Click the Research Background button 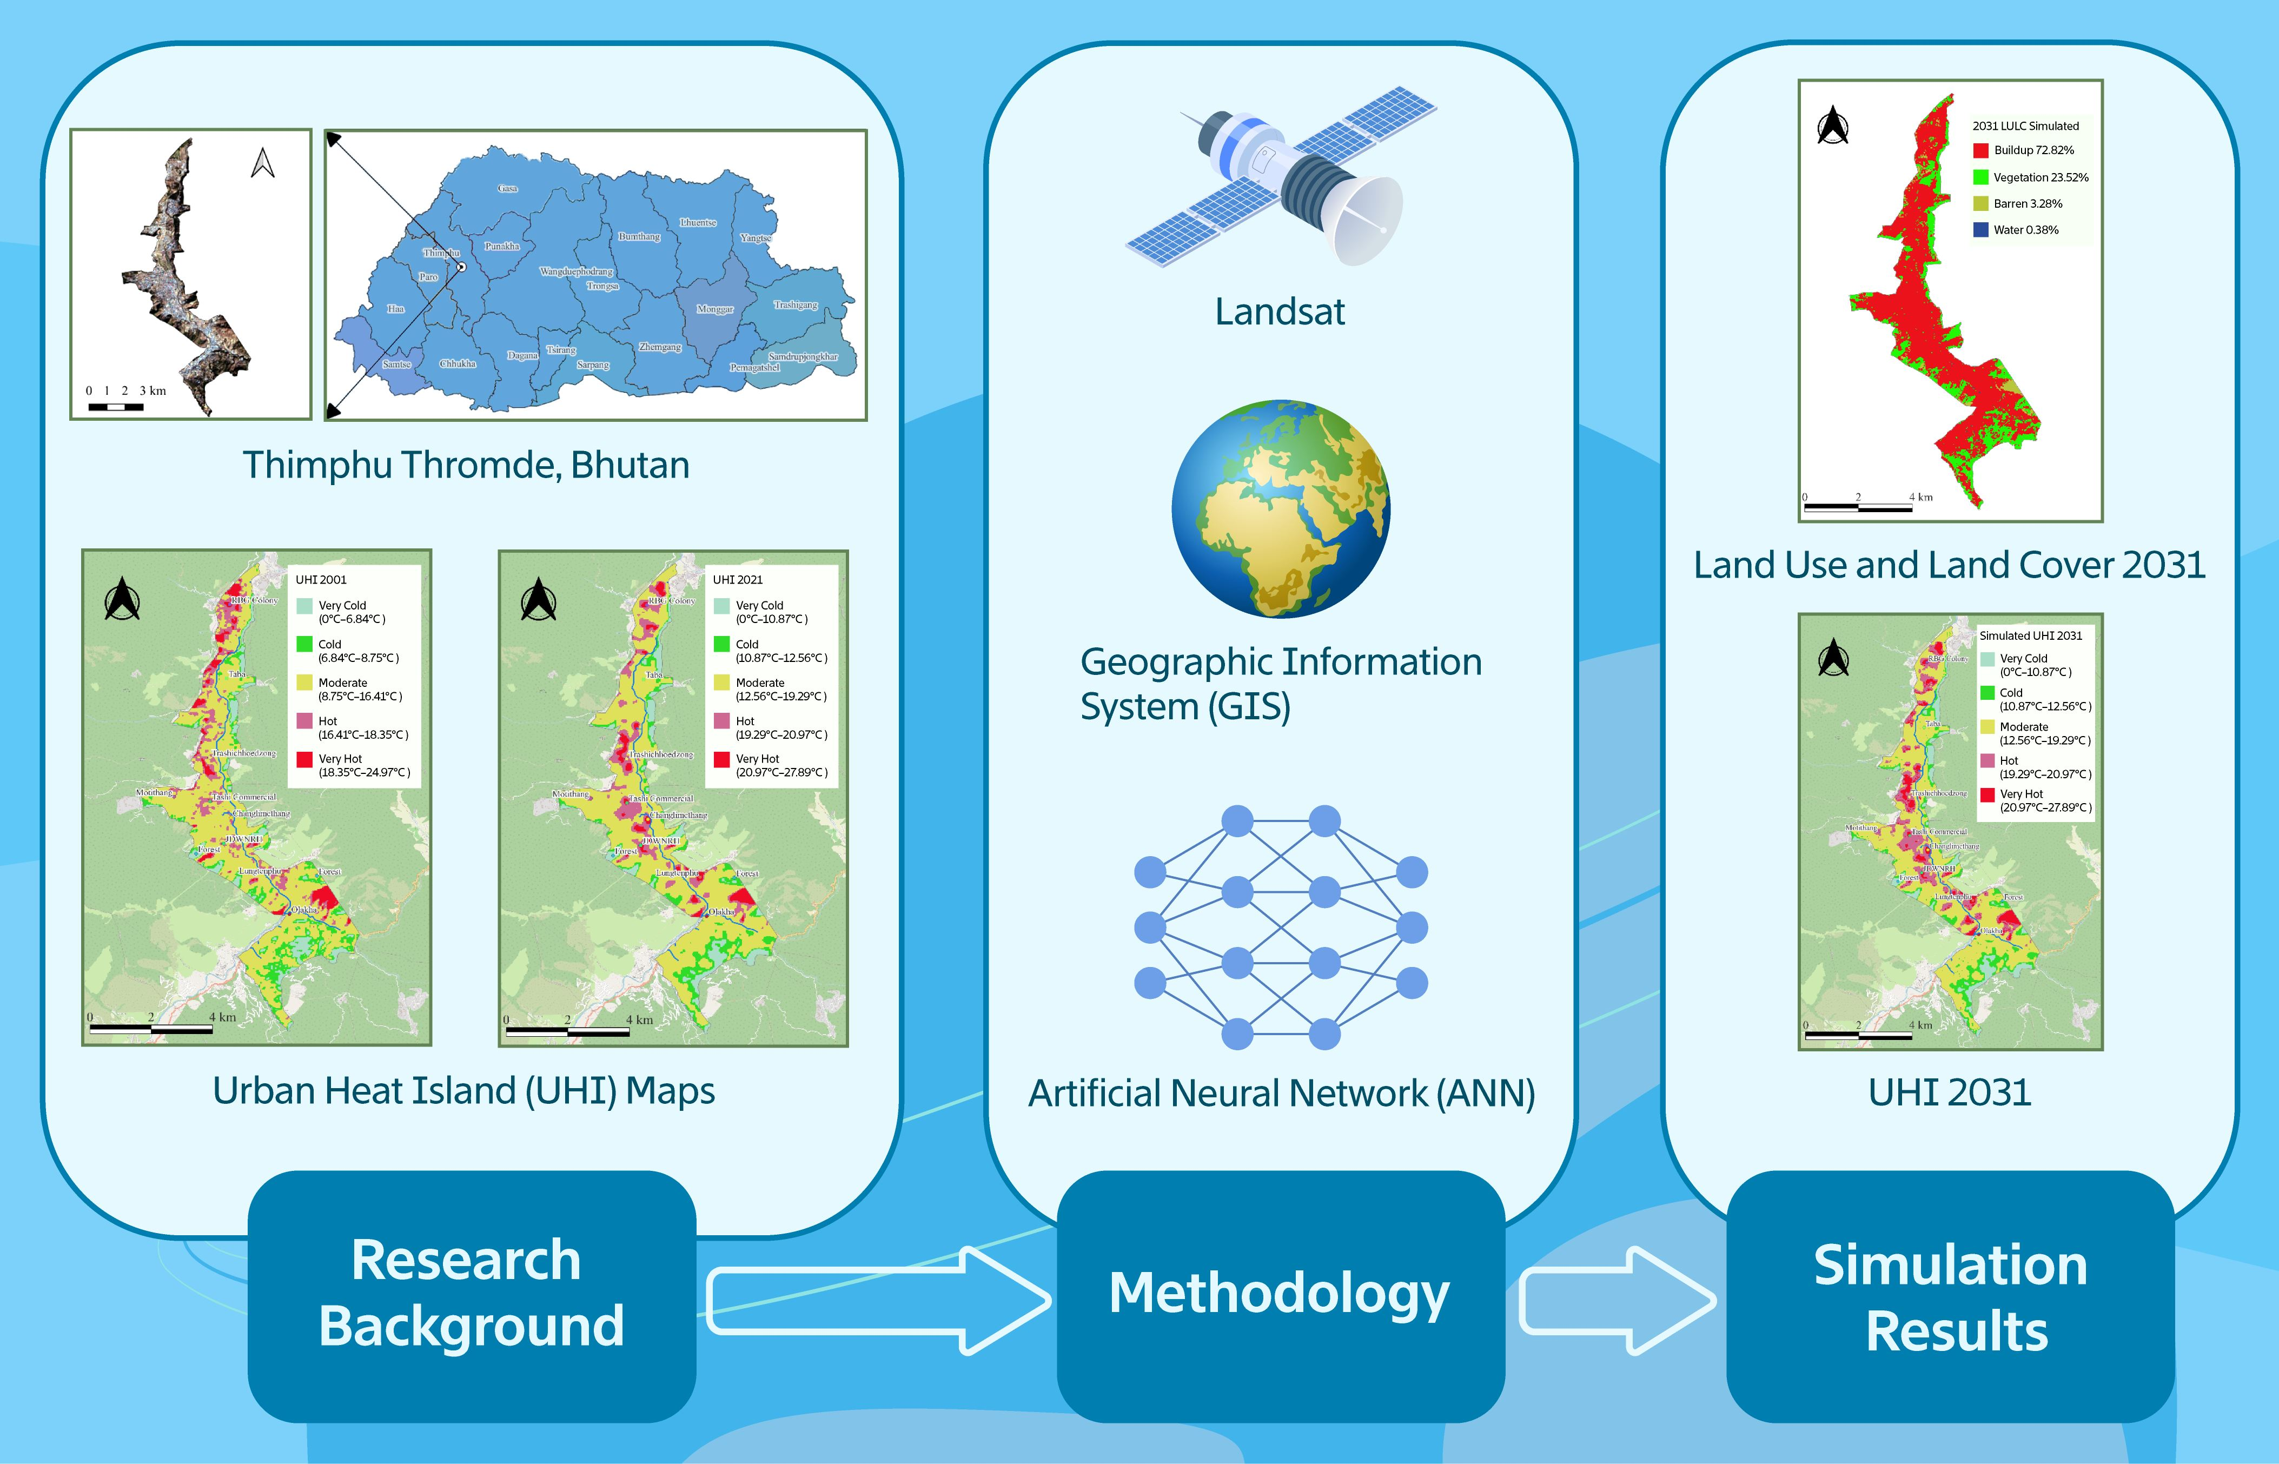[x=472, y=1295]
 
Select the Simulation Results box [x=1950, y=1297]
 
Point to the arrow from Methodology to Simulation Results [x=1615, y=1300]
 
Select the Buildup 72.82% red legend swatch [x=1980, y=150]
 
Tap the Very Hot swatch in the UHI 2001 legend [x=304, y=759]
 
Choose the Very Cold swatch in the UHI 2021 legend [x=721, y=606]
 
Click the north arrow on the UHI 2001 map [x=123, y=599]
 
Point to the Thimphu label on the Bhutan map [x=441, y=253]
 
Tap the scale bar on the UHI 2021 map [x=566, y=1030]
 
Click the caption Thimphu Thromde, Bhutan [x=466, y=466]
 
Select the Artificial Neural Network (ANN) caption [x=1281, y=1093]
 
